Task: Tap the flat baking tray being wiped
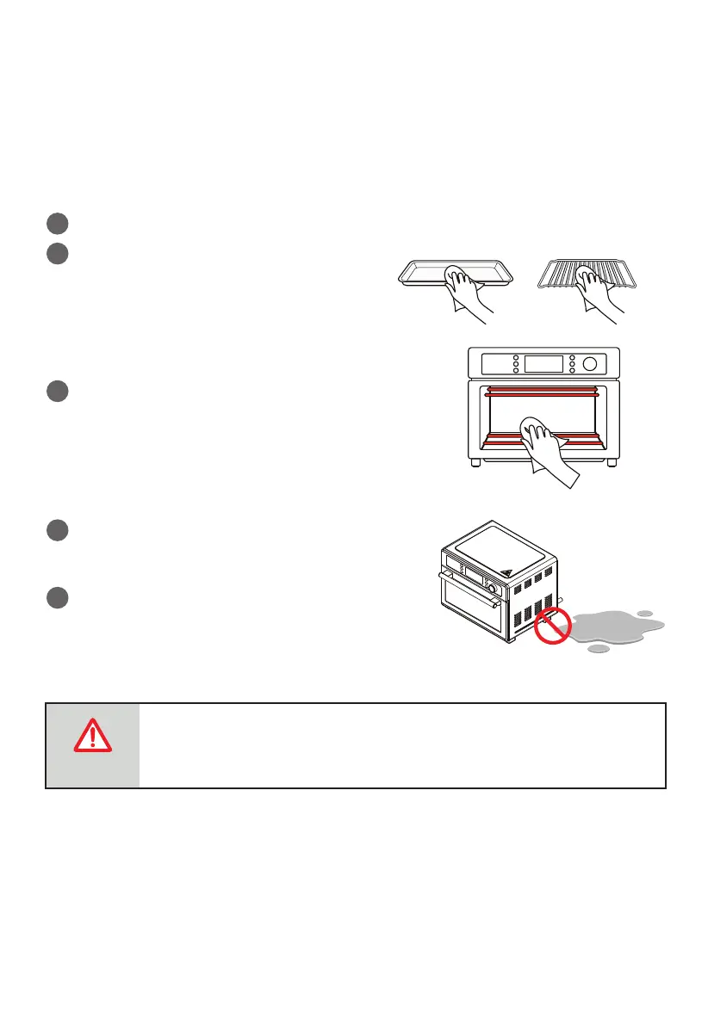click(418, 273)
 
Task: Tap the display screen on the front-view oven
click(543, 364)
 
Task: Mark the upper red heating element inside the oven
click(543, 392)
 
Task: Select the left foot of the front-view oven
click(477, 463)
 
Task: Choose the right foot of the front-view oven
click(611, 463)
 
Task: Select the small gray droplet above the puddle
click(644, 613)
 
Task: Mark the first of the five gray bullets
click(58, 224)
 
